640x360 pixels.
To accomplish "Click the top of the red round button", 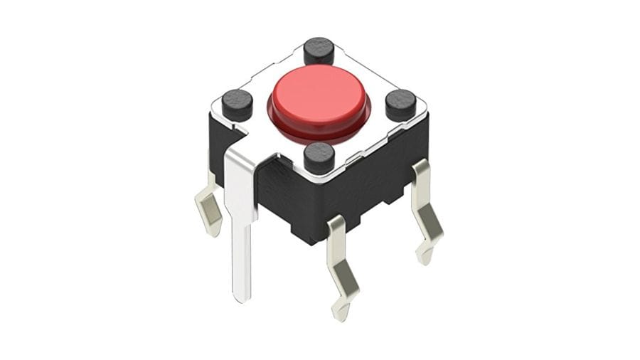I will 318,92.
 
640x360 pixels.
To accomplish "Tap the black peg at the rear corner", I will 319,51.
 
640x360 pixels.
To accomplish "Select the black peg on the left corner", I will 237,105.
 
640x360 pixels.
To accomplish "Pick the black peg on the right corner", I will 400,105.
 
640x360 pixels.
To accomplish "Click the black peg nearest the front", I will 319,157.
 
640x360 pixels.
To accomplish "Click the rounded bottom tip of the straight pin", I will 242,297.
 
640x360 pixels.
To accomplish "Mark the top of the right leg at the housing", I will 420,171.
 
